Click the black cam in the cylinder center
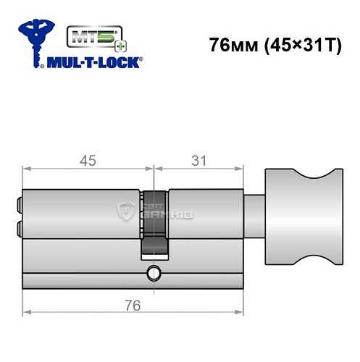pos(154,221)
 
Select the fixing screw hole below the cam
pos(154,273)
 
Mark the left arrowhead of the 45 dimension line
pos(28,169)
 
